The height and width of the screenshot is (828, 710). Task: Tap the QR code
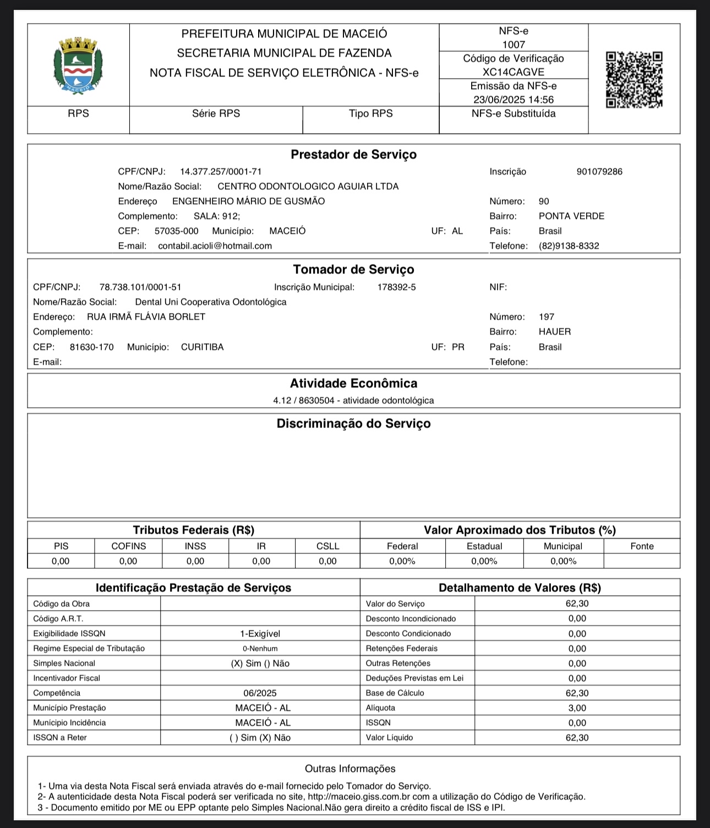point(634,80)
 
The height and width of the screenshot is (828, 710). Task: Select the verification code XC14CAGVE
point(513,72)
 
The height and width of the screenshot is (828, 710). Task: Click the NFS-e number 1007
point(514,45)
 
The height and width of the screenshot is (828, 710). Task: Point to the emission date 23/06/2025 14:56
point(513,100)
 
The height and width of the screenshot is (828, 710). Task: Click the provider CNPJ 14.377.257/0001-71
point(221,172)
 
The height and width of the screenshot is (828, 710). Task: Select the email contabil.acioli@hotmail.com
point(215,246)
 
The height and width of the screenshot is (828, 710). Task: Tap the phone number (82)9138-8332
point(569,246)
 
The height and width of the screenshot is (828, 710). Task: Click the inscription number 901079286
point(599,172)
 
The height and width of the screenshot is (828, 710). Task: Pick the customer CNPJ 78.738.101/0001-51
point(140,287)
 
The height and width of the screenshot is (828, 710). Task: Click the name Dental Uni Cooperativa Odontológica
point(211,302)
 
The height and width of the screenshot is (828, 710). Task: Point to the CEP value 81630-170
point(92,347)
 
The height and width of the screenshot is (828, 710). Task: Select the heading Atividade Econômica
point(353,383)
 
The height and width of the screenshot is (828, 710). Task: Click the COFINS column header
point(129,546)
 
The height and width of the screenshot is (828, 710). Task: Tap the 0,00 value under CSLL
point(327,561)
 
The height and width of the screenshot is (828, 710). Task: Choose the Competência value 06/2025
point(260,693)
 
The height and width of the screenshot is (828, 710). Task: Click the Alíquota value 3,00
point(577,708)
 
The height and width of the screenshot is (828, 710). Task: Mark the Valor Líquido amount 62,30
point(577,738)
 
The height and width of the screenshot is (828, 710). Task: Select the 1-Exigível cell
point(260,634)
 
